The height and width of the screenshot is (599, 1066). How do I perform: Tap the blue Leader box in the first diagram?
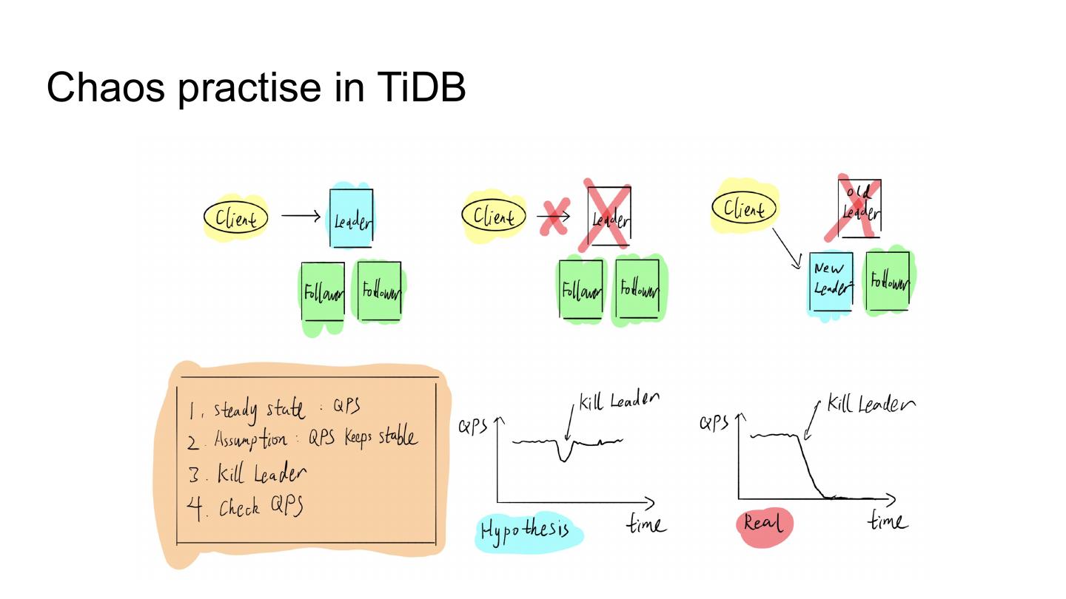pos(351,218)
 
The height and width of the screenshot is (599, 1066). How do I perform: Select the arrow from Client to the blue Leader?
pos(301,217)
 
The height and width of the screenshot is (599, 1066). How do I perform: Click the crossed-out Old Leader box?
pos(859,208)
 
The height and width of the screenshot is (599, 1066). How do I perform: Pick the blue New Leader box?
pos(831,282)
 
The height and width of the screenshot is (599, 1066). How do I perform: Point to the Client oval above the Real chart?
pos(744,209)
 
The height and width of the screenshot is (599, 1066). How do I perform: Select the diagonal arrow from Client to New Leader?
pos(786,248)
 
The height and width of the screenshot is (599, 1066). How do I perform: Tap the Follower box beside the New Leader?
pos(887,281)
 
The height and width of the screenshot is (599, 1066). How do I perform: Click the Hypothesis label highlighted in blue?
pos(525,529)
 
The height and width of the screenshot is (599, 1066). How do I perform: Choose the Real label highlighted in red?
pos(763,523)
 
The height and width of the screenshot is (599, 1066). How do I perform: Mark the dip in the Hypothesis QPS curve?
pos(564,454)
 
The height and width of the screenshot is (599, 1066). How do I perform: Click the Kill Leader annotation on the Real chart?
pos(870,404)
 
